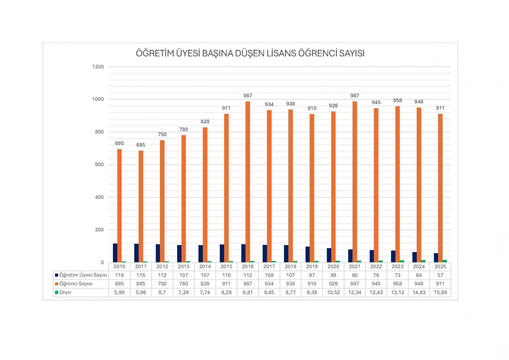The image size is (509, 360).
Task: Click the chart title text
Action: click(250, 53)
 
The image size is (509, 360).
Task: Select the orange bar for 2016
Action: click(248, 181)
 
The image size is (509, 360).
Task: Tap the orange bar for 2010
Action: click(119, 205)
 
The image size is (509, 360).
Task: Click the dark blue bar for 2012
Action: click(158, 253)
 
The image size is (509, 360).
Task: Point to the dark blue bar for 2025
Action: click(436, 258)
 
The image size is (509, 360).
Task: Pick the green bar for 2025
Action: click(444, 261)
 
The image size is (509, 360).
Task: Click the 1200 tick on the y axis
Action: click(98, 67)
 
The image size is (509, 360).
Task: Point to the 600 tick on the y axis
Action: click(99, 165)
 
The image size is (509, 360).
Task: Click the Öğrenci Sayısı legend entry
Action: click(76, 284)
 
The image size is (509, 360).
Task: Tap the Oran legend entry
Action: click(65, 292)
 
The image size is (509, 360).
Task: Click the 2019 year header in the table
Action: click(312, 266)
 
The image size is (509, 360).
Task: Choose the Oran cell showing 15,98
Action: click(440, 292)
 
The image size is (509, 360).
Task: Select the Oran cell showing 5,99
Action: click(119, 292)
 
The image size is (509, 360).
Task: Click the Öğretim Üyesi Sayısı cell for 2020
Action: click(333, 275)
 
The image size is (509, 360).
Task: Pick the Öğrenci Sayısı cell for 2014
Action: click(205, 284)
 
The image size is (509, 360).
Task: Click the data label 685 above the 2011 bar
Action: click(141, 145)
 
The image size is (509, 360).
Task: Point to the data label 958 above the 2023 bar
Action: click(397, 100)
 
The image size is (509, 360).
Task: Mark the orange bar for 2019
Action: click(312, 188)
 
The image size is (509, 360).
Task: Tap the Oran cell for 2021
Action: click(355, 292)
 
